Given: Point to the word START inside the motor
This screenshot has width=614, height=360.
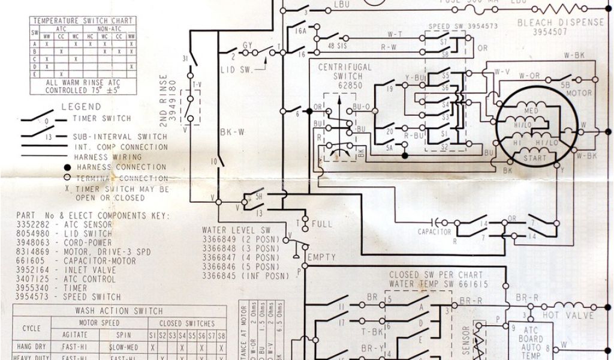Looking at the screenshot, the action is pos(536,158).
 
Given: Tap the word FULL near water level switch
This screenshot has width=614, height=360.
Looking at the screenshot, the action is pos(321,224).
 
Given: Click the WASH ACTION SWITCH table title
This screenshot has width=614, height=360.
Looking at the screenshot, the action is pos(118,311).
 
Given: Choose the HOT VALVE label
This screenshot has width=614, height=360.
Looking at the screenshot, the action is pos(567,315).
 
